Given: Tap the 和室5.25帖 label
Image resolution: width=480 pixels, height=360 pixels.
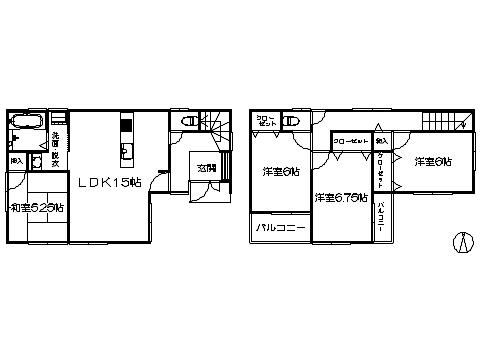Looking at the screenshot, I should (37, 208).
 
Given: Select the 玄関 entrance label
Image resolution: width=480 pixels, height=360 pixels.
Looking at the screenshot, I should (207, 168).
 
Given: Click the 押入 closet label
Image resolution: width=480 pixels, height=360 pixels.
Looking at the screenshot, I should (17, 160).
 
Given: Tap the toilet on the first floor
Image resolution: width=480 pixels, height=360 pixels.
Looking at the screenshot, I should (188, 121).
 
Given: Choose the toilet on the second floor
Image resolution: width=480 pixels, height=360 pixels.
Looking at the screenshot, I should (289, 121).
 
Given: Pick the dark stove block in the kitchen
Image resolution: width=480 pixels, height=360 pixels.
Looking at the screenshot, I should (126, 125).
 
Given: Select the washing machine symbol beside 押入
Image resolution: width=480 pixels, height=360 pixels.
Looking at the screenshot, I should (37, 161).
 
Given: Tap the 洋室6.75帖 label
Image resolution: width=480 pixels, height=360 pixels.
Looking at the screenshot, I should (340, 198).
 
